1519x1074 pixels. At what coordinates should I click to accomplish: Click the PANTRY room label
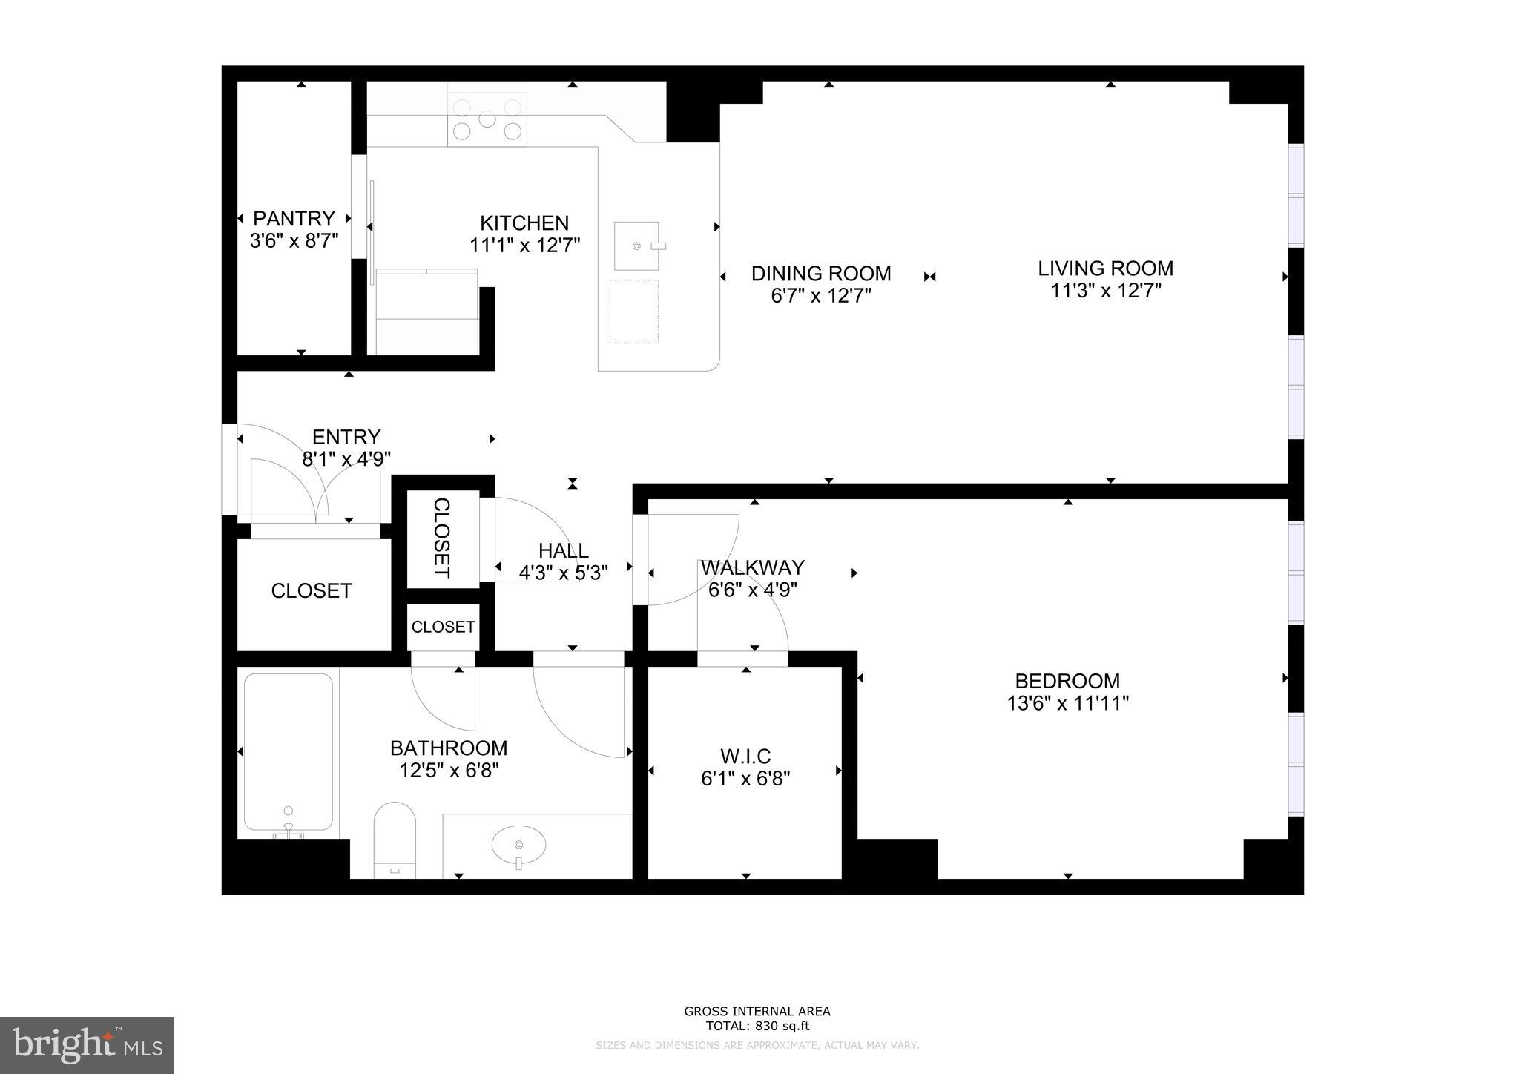tap(294, 219)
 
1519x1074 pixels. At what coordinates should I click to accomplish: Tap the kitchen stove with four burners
tap(487, 119)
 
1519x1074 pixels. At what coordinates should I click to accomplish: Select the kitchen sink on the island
tap(636, 246)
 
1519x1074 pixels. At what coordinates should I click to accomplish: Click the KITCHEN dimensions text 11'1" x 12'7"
tap(524, 246)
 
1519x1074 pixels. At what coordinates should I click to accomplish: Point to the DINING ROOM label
tap(820, 274)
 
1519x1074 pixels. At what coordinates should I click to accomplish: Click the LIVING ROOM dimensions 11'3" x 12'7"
tap(1105, 291)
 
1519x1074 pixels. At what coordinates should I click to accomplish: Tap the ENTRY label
tap(346, 437)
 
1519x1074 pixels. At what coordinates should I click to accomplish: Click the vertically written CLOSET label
tap(441, 538)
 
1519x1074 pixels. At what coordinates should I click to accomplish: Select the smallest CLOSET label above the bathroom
tap(443, 627)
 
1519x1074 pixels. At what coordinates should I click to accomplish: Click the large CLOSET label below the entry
tap(312, 591)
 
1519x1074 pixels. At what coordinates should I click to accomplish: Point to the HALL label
tap(563, 550)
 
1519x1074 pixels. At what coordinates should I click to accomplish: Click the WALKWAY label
tap(752, 567)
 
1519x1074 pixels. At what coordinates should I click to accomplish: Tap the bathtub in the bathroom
tap(288, 751)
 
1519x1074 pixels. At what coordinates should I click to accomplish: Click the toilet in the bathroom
tap(395, 838)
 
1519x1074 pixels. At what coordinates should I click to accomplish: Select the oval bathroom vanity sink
tap(518, 845)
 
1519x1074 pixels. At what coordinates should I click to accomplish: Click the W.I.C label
tap(745, 757)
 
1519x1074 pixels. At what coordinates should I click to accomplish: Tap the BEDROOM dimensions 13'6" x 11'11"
tap(1067, 703)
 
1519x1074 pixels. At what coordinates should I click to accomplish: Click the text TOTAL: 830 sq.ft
tap(757, 1027)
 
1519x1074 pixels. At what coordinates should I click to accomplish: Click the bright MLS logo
tap(87, 1045)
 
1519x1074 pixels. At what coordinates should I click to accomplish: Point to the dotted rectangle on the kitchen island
tap(633, 312)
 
